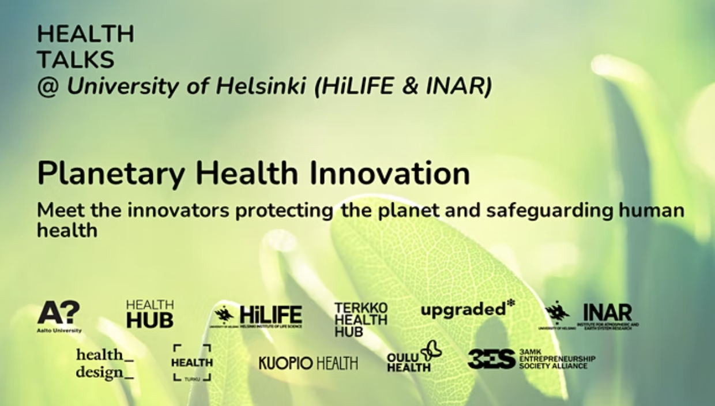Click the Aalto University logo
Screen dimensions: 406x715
tap(59, 316)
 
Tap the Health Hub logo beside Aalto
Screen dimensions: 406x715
tap(149, 314)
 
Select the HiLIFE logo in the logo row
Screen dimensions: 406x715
tap(258, 316)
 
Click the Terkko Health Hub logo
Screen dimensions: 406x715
tap(360, 319)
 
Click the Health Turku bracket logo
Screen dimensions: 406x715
tap(192, 363)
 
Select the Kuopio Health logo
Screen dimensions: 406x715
tap(308, 363)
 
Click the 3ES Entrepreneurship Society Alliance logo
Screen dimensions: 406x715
tap(531, 359)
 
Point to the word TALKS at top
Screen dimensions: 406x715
tap(76, 59)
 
